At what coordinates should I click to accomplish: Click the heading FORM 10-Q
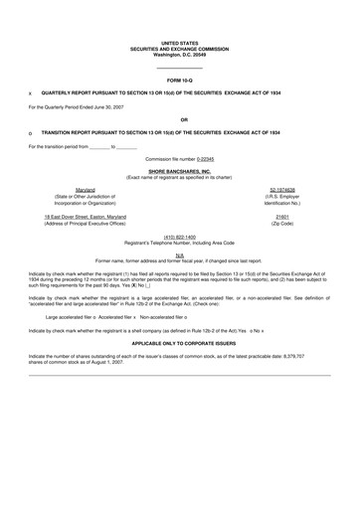(x=179, y=79)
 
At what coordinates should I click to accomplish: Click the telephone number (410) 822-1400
(x=180, y=237)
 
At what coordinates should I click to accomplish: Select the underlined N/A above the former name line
(x=179, y=255)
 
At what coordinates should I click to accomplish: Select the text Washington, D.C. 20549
(x=180, y=54)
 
